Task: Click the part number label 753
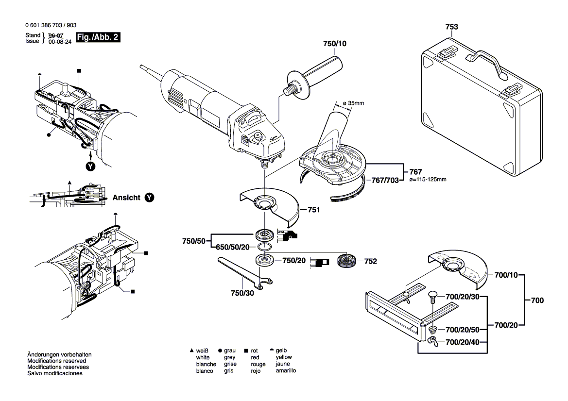click(x=452, y=27)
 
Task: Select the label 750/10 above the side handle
click(x=335, y=44)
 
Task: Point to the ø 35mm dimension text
click(x=353, y=103)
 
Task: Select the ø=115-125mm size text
click(x=428, y=180)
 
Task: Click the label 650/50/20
click(x=233, y=247)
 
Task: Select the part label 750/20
click(x=293, y=261)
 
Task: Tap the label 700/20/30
click(x=463, y=297)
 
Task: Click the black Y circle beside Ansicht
click(x=150, y=198)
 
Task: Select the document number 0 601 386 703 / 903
click(x=50, y=25)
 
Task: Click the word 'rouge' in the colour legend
click(x=258, y=364)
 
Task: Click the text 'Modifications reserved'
click(x=56, y=361)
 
